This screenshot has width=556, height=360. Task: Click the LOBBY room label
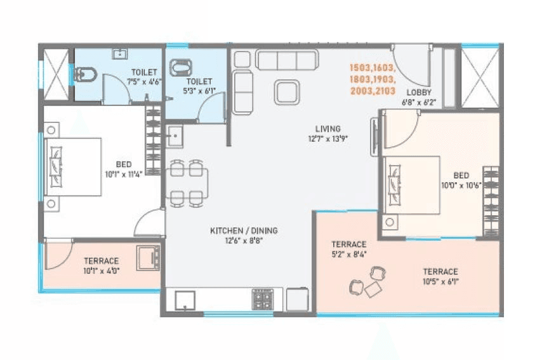(415, 92)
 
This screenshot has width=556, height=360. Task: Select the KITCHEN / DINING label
(244, 230)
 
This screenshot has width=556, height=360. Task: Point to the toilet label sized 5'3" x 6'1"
(197, 83)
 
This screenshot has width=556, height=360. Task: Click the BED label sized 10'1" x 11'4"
(124, 164)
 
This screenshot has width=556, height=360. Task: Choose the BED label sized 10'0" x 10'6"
(461, 175)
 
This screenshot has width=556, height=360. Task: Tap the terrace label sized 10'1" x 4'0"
(101, 261)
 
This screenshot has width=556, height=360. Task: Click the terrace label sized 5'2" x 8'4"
(348, 244)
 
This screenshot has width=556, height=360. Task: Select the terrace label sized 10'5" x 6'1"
(440, 272)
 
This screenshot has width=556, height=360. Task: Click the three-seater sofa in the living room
(286, 60)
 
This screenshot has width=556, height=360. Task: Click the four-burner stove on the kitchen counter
(263, 299)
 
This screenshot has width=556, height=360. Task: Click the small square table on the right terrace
(373, 288)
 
